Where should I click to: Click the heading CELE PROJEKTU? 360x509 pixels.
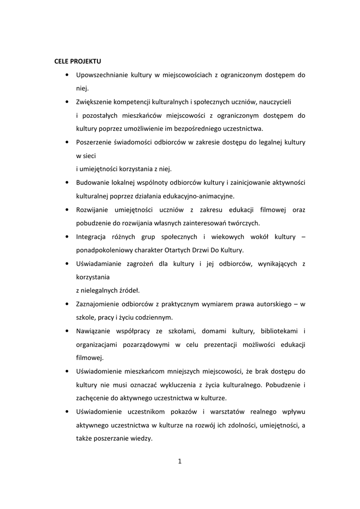pos(78,62)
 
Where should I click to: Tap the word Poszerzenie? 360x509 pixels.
pos(94,142)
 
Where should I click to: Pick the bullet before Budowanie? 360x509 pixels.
pos(67,182)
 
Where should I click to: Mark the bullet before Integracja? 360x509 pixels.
pos(67,236)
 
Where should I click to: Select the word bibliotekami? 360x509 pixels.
pos(278,331)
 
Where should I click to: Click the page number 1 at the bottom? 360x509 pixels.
pos(180,462)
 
